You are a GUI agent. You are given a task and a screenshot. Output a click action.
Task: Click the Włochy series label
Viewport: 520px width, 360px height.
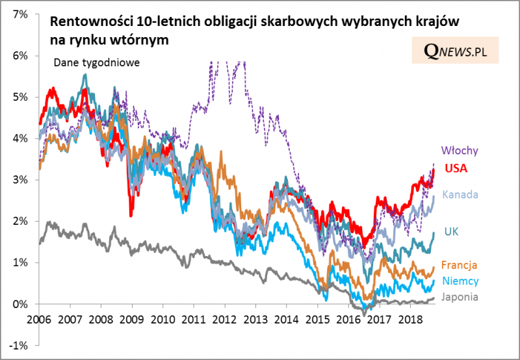460,151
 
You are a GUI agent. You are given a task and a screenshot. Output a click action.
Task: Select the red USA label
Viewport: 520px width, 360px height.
456,168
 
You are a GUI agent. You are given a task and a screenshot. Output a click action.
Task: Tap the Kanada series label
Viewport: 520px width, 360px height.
460,194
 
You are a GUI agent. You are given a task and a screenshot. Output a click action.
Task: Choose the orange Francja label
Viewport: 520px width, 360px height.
460,264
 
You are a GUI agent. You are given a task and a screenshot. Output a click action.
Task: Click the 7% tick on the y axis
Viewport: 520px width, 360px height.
19,14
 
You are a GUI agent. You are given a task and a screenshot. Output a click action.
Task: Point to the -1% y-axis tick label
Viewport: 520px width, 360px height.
18,345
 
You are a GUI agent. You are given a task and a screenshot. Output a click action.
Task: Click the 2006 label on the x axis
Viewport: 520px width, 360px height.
39,320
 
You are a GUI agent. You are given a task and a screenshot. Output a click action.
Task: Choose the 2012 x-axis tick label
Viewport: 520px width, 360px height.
225,320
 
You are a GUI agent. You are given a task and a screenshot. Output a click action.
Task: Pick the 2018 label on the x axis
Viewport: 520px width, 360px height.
411,320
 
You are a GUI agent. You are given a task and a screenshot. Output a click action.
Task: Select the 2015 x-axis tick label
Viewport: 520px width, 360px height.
318,320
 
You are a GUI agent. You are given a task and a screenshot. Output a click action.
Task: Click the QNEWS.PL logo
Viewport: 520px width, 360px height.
455,50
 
